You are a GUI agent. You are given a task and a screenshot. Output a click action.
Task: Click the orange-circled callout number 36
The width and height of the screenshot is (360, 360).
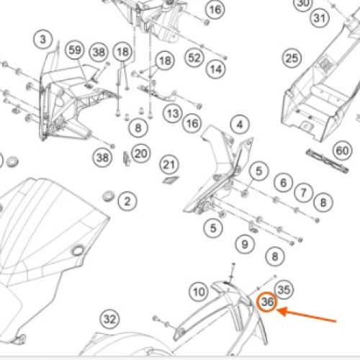267,302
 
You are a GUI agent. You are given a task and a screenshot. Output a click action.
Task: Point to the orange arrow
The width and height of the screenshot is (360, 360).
306,315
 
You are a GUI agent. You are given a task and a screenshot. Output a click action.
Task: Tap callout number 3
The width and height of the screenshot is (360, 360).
43,39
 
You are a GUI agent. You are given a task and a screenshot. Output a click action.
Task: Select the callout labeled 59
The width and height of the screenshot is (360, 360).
75,50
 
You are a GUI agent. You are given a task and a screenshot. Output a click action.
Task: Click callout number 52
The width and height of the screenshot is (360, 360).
194,58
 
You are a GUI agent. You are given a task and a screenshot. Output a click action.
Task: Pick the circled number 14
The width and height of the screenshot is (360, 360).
216,69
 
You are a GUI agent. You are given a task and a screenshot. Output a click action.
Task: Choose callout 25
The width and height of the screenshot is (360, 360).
292,58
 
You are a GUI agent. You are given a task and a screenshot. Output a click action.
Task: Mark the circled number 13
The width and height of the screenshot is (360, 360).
173,114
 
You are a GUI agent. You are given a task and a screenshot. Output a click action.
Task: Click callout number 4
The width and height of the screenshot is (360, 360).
240,125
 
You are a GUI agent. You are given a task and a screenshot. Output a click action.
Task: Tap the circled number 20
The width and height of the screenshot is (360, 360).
141,153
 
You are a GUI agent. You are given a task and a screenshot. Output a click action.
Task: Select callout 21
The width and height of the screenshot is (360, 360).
169,165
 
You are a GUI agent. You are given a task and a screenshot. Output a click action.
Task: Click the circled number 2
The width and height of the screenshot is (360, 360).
127,201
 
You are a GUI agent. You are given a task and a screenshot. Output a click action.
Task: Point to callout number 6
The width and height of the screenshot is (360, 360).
284,183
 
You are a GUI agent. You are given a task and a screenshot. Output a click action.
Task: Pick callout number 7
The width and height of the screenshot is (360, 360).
304,192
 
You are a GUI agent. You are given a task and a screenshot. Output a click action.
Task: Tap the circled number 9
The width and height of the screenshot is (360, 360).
245,244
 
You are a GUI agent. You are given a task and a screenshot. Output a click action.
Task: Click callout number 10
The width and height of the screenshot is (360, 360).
199,292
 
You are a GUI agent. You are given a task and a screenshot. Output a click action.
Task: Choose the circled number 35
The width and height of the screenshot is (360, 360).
284,289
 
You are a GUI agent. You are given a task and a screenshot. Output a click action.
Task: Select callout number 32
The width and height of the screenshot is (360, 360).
109,319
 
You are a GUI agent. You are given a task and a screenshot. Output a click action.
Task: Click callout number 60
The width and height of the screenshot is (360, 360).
342,150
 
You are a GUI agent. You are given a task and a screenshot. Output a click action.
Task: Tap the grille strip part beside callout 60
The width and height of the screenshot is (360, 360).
327,161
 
